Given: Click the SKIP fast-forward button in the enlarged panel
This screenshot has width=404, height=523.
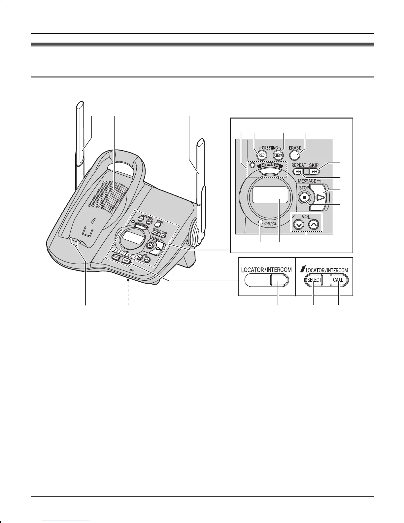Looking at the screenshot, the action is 315,171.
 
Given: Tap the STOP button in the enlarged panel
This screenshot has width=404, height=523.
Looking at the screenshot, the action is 305,197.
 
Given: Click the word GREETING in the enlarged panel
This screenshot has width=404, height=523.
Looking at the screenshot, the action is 270,148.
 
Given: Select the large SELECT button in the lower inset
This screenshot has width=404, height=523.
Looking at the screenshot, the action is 314,280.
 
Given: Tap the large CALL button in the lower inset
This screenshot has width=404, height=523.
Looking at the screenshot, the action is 339,280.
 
